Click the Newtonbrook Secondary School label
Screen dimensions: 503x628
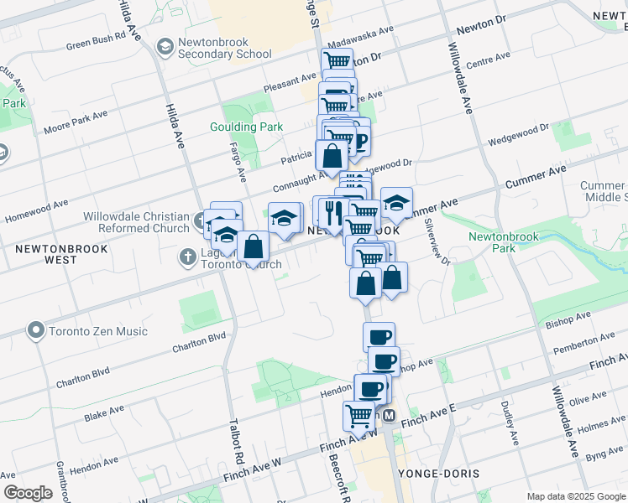click(223, 54)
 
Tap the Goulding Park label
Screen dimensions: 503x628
click(246, 127)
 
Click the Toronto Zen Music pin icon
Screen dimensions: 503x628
click(35, 331)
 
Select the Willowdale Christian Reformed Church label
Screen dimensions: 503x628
click(136, 222)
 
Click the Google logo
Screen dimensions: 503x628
click(27, 493)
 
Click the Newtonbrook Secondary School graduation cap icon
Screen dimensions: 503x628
click(165, 47)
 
